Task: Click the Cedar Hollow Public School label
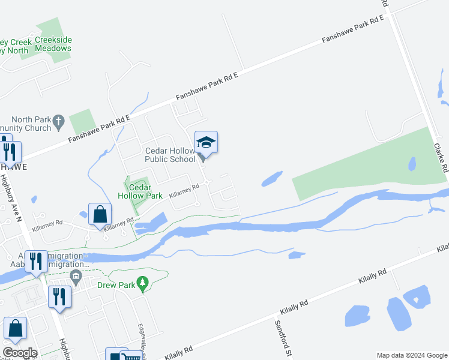tap(170, 155)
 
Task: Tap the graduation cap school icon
tap(206, 142)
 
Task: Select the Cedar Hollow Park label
tap(140, 191)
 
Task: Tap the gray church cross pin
tap(58, 121)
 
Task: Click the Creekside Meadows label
tap(53, 44)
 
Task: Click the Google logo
tap(20, 353)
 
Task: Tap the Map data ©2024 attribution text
tap(411, 355)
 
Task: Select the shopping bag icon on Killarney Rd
tap(100, 214)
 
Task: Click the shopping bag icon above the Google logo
tap(15, 328)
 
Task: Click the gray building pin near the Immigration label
tap(76, 277)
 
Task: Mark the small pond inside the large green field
tap(412, 163)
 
